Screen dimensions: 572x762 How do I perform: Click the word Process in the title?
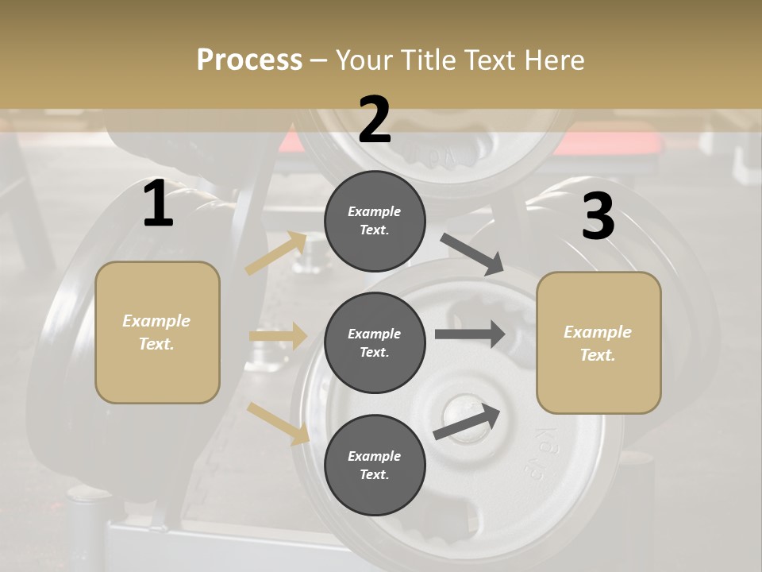(249, 60)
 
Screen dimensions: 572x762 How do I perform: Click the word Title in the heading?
(432, 60)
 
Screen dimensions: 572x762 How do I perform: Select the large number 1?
(158, 204)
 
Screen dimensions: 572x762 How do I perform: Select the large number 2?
(375, 120)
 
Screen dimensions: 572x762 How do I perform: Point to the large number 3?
(598, 216)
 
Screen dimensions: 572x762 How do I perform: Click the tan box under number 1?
(157, 332)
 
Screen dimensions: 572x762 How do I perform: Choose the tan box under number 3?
(598, 342)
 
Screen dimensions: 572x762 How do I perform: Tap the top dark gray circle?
(375, 221)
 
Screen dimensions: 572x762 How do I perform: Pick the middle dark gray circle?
(375, 342)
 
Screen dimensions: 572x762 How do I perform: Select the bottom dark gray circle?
(375, 465)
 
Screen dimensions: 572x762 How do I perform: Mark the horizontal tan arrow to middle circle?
(278, 335)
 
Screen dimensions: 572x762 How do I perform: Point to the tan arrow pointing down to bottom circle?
(278, 423)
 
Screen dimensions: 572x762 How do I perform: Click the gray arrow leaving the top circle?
(473, 253)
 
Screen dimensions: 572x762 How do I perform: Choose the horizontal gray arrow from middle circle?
(469, 334)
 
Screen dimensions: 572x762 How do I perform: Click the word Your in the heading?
(366, 60)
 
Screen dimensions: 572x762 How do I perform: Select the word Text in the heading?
(491, 60)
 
